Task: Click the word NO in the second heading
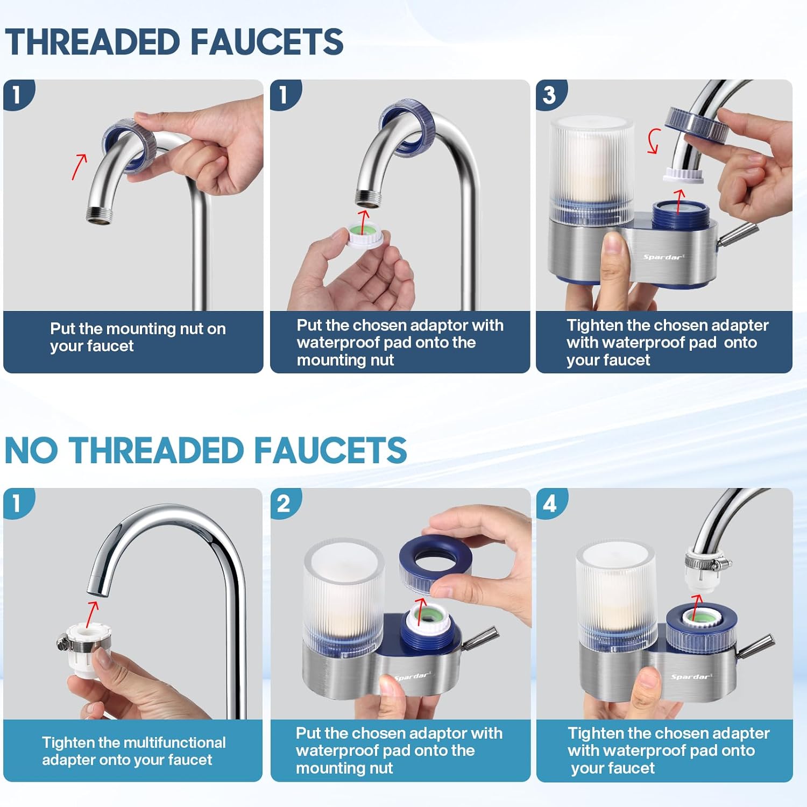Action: tap(31, 451)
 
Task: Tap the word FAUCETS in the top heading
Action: tap(267, 42)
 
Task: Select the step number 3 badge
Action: tap(549, 95)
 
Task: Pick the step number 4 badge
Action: tap(550, 504)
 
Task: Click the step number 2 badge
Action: tap(284, 504)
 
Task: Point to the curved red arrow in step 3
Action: tap(653, 141)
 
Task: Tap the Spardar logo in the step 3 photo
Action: tap(664, 257)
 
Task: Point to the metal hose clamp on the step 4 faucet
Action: tap(706, 564)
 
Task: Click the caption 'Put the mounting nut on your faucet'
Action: tap(138, 337)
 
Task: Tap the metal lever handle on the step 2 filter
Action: tap(480, 636)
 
